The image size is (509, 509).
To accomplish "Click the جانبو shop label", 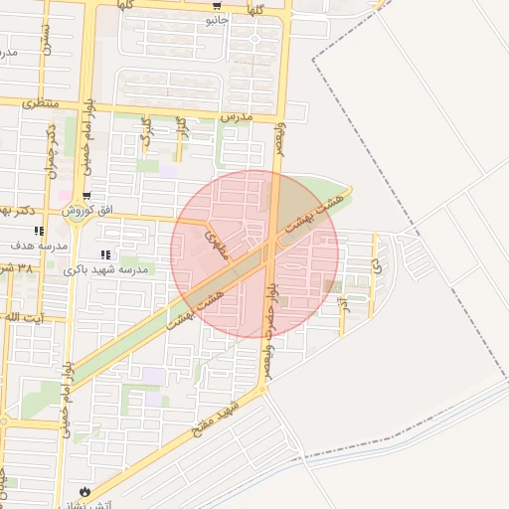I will click(x=217, y=19).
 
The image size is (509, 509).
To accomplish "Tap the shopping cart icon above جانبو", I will click(x=217, y=5).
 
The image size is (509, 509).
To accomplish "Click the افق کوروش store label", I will click(x=89, y=211).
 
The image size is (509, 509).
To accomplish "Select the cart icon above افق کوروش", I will click(x=87, y=196).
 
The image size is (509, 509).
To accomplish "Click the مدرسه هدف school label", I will click(x=39, y=245).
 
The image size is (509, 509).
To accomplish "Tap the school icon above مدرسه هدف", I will click(x=39, y=231).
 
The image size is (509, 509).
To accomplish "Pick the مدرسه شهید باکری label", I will click(x=105, y=269).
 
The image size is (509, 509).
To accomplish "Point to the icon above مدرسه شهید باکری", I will click(x=105, y=255).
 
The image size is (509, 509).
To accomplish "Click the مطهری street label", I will click(x=217, y=245).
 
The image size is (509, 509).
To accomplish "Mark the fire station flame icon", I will click(x=85, y=492).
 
